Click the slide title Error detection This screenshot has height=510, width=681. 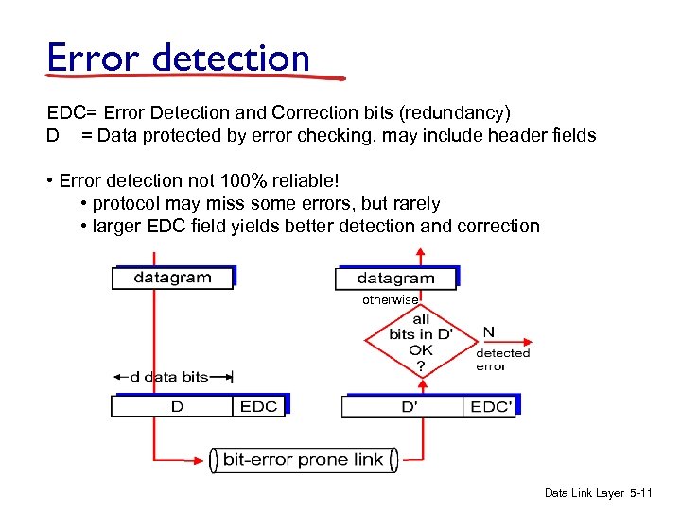[179, 59]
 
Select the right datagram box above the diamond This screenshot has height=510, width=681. [395, 279]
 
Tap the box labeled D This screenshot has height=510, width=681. [176, 406]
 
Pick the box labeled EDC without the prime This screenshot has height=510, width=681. [258, 406]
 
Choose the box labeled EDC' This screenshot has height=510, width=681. [490, 406]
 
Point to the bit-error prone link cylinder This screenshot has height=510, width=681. [303, 460]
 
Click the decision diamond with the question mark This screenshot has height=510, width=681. [421, 342]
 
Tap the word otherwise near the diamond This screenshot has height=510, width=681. [390, 299]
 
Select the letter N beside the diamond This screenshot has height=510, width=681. [488, 332]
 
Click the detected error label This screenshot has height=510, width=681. [502, 360]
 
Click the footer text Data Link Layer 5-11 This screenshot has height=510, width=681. [599, 493]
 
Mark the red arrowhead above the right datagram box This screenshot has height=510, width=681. [421, 252]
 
